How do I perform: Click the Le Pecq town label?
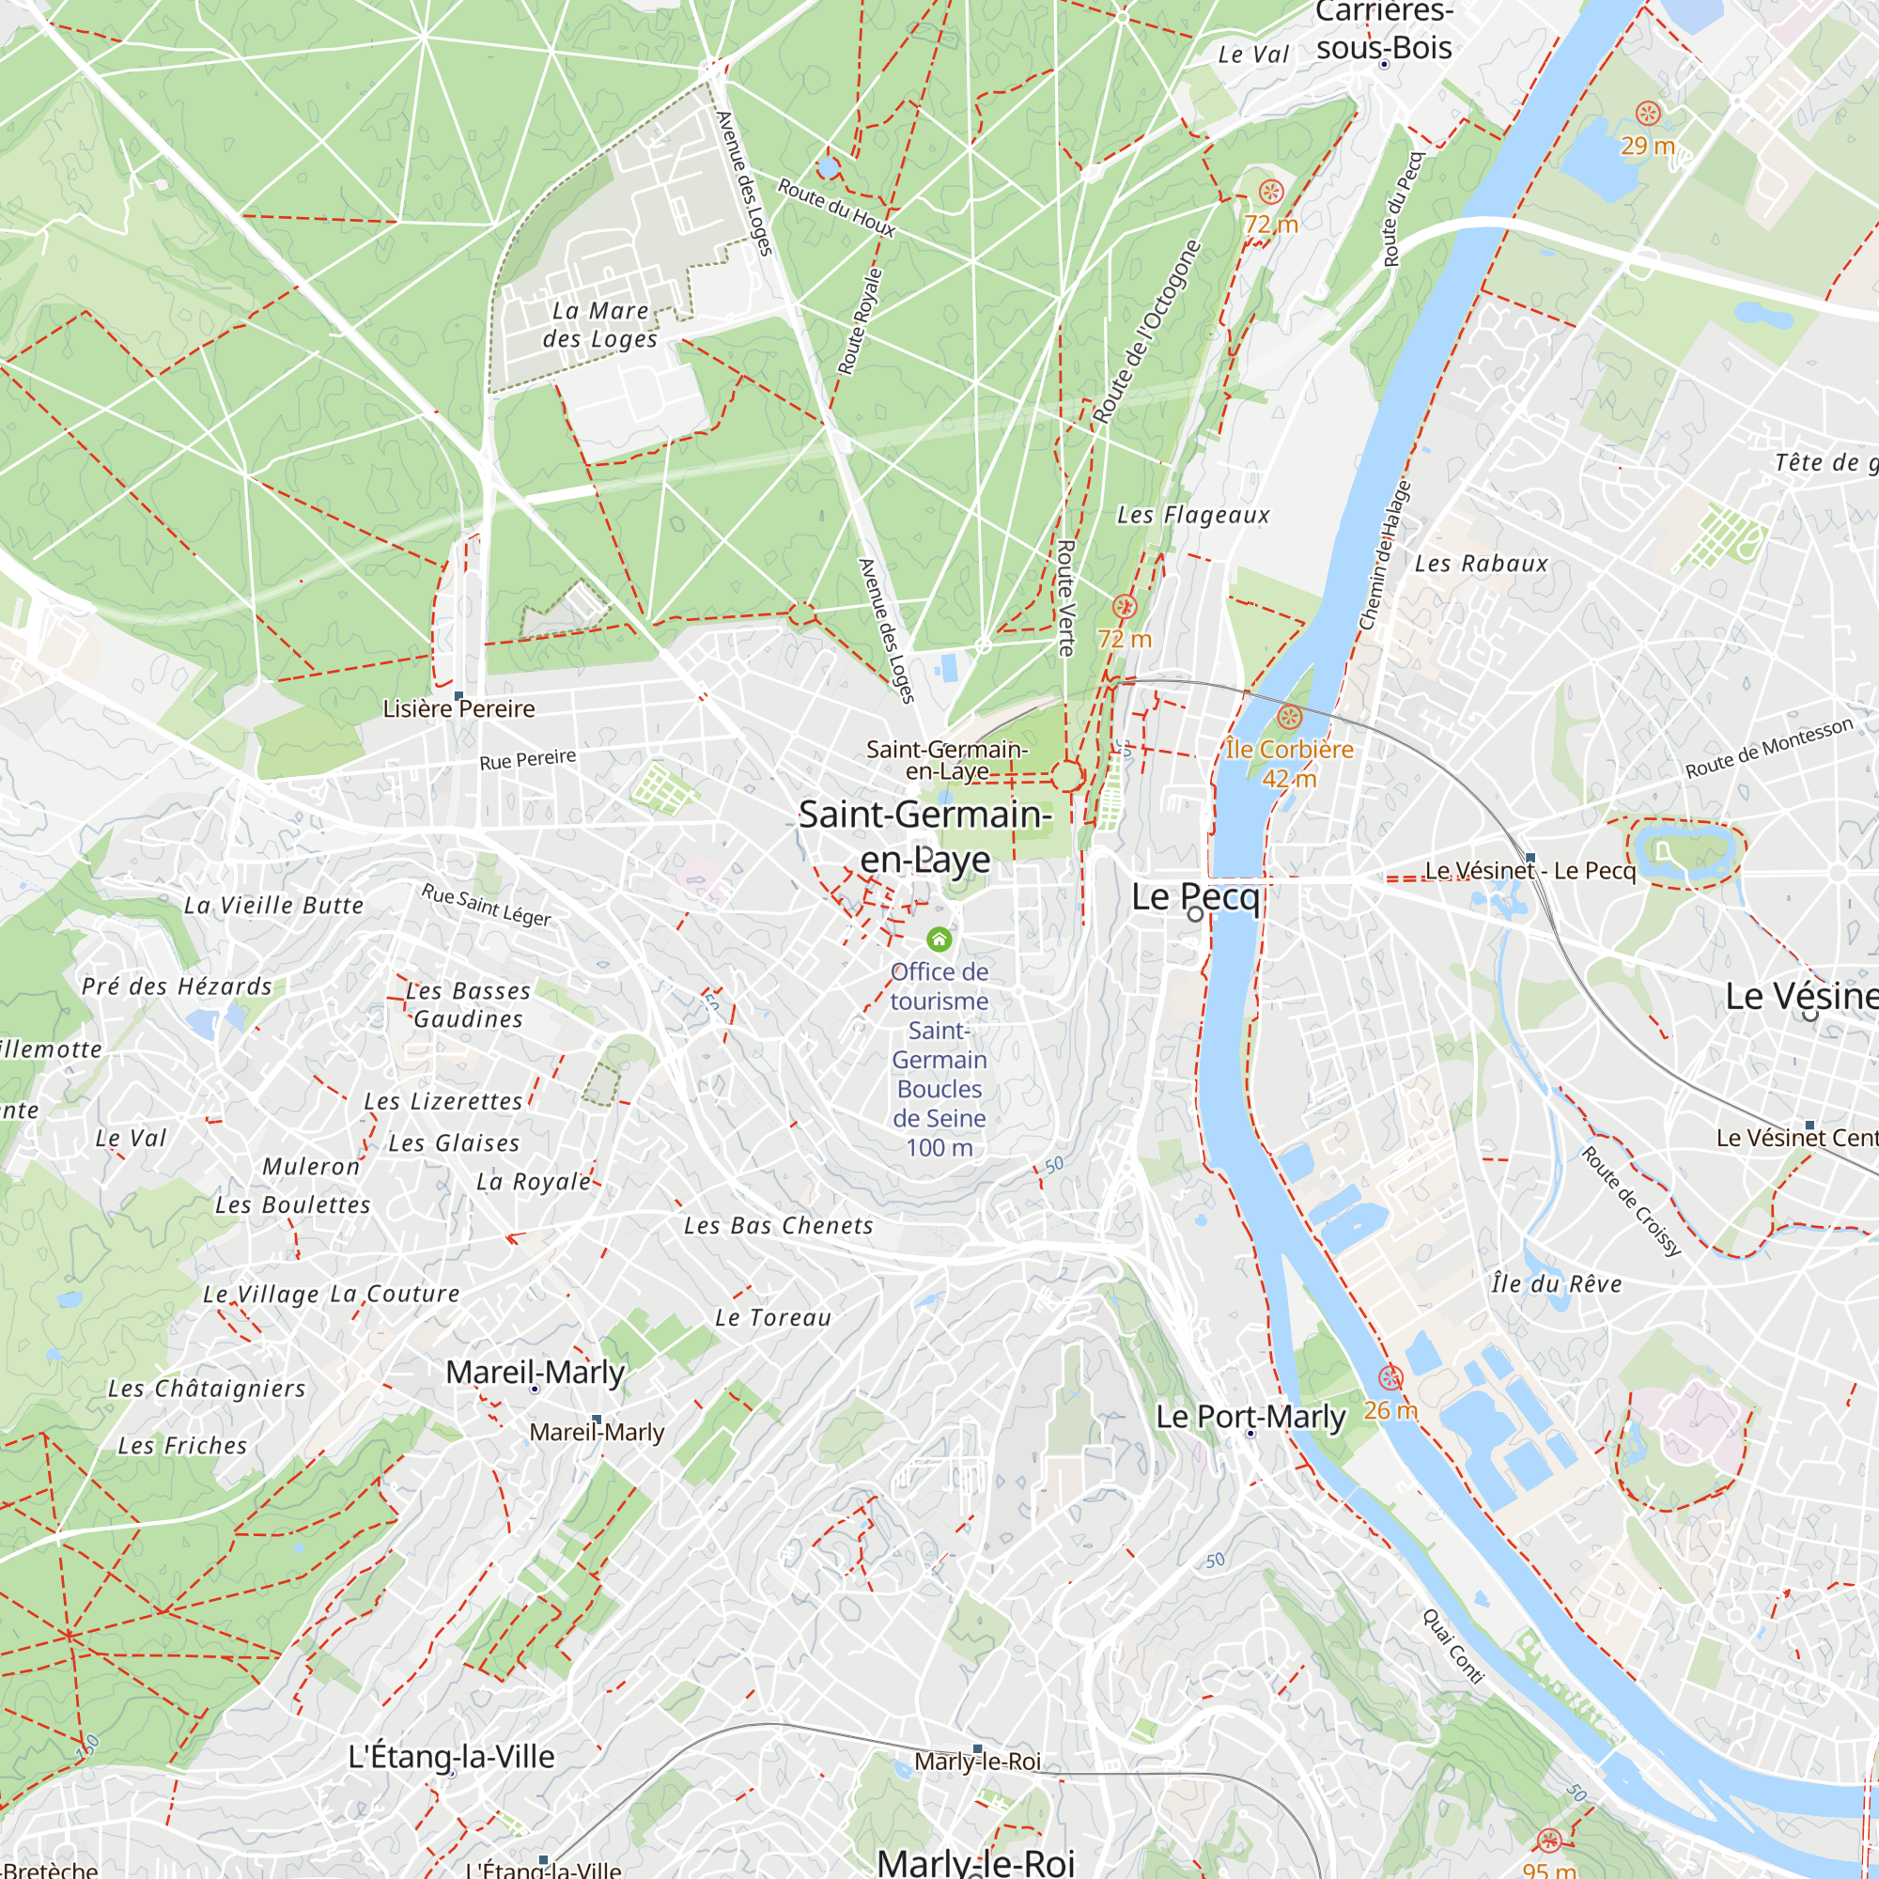click(x=1195, y=896)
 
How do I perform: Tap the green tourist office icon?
click(x=939, y=939)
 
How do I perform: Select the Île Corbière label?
click(x=1289, y=750)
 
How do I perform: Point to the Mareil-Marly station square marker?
click(x=598, y=1419)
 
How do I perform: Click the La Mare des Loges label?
click(x=600, y=325)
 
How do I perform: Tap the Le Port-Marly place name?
click(x=1250, y=1417)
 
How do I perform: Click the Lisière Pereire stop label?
click(x=458, y=709)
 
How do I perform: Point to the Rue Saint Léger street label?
click(x=486, y=905)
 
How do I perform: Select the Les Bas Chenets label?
click(x=778, y=1225)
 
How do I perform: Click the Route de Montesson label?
click(x=1769, y=748)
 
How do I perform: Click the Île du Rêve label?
click(x=1556, y=1283)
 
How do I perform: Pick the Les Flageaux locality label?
click(x=1192, y=516)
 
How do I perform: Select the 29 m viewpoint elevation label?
click(x=1648, y=146)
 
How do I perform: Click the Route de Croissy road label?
click(x=1631, y=1201)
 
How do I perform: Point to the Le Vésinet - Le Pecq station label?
click(x=1530, y=871)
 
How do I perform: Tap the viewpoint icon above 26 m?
click(x=1390, y=1377)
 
